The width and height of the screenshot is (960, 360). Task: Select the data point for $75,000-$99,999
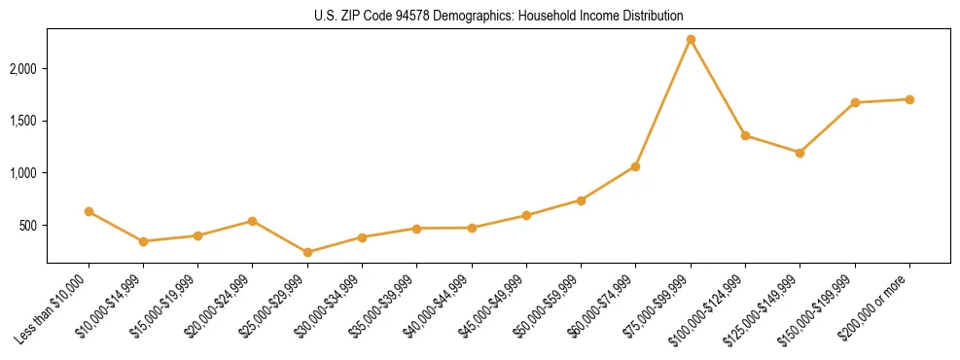click(x=691, y=40)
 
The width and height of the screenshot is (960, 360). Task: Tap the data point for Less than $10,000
click(x=89, y=211)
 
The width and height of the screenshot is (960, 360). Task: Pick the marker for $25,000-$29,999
click(x=307, y=252)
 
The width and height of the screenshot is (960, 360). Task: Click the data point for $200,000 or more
click(x=909, y=99)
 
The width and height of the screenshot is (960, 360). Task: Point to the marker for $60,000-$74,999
click(x=635, y=166)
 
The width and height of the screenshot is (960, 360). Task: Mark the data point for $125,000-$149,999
click(x=800, y=153)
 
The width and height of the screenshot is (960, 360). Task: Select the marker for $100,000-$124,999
click(x=745, y=135)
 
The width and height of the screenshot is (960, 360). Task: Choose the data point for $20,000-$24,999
click(x=253, y=221)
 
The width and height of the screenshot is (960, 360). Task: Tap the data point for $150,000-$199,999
click(x=855, y=102)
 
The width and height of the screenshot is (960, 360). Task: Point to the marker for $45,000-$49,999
click(x=526, y=215)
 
